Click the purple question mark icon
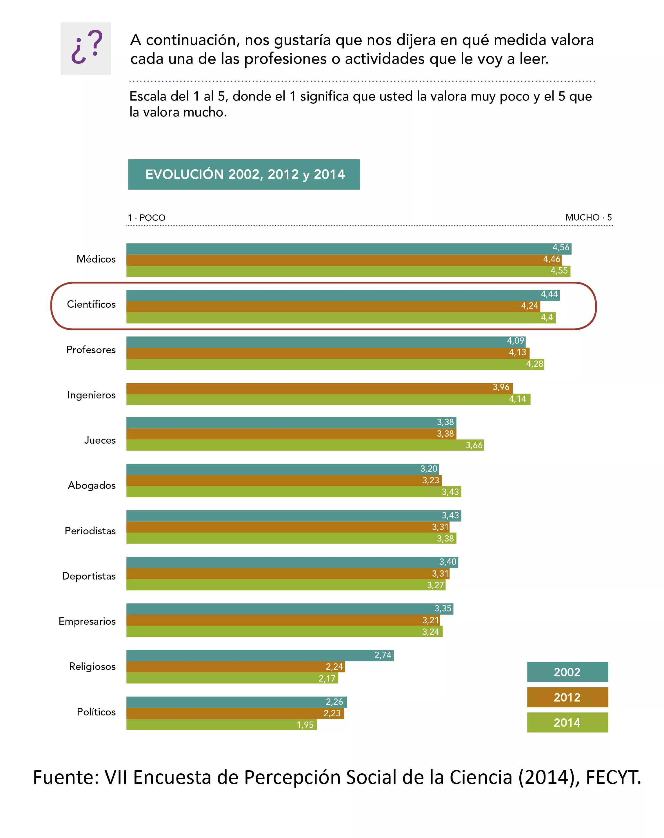click(86, 48)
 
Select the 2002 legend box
click(567, 672)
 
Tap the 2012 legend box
click(567, 697)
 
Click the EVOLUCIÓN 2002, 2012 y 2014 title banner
click(244, 174)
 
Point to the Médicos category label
click(96, 259)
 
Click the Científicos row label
click(91, 304)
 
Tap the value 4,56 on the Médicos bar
click(561, 247)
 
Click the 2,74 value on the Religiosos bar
click(383, 655)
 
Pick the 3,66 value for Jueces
click(474, 445)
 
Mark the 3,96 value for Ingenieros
click(501, 387)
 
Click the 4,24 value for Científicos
click(530, 306)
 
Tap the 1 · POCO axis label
click(147, 218)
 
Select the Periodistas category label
click(90, 531)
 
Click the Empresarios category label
click(87, 621)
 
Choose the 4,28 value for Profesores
click(535, 364)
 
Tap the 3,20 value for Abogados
click(429, 469)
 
